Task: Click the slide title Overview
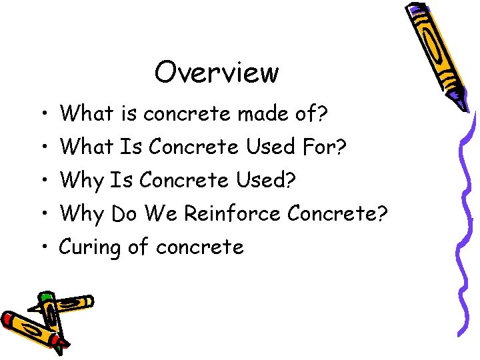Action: (216, 72)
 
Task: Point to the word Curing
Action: (89, 248)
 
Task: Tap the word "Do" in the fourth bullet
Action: (123, 213)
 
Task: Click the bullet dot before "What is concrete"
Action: (43, 115)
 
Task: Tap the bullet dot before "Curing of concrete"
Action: (43, 248)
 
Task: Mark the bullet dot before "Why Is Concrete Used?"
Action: (43, 181)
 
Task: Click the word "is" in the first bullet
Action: (129, 114)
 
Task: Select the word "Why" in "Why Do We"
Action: (82, 213)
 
